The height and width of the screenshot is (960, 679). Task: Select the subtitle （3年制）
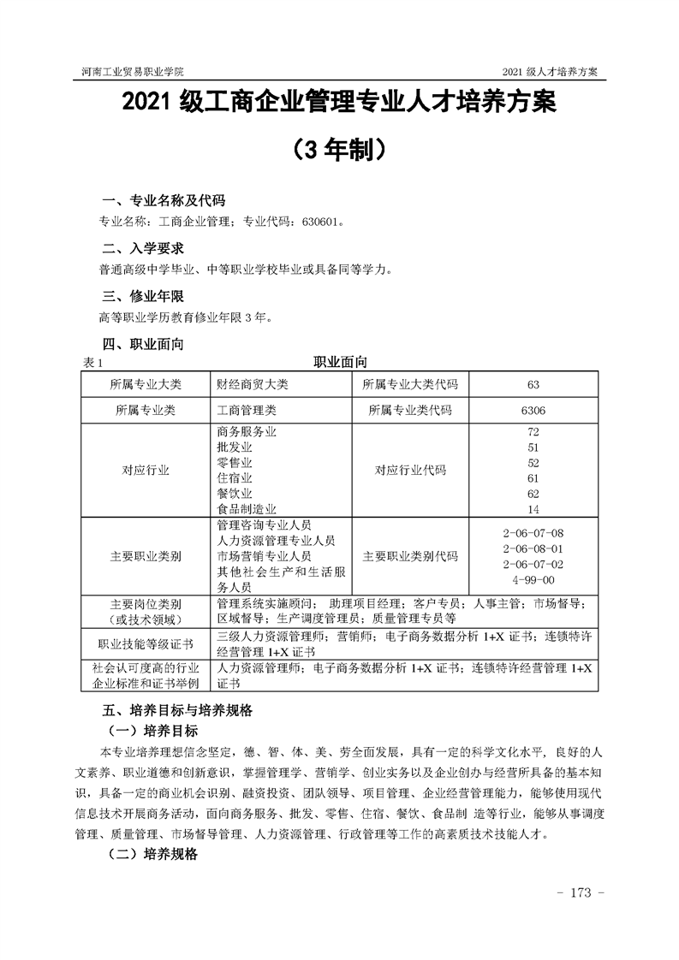point(339,151)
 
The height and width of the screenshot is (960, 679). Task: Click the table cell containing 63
point(533,384)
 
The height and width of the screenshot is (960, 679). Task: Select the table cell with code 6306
point(533,411)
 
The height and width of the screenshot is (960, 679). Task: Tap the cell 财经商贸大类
point(253,384)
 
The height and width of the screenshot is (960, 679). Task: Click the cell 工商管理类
point(247,411)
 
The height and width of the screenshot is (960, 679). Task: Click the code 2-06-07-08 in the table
point(533,532)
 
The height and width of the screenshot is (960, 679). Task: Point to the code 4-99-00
point(533,580)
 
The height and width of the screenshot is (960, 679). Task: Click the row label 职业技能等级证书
point(146,643)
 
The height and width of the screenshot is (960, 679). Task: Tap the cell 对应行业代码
point(410,471)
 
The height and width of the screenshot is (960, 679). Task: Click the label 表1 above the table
point(92,363)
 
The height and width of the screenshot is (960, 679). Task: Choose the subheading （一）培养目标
point(153,732)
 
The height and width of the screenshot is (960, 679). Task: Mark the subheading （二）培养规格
point(153,855)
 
